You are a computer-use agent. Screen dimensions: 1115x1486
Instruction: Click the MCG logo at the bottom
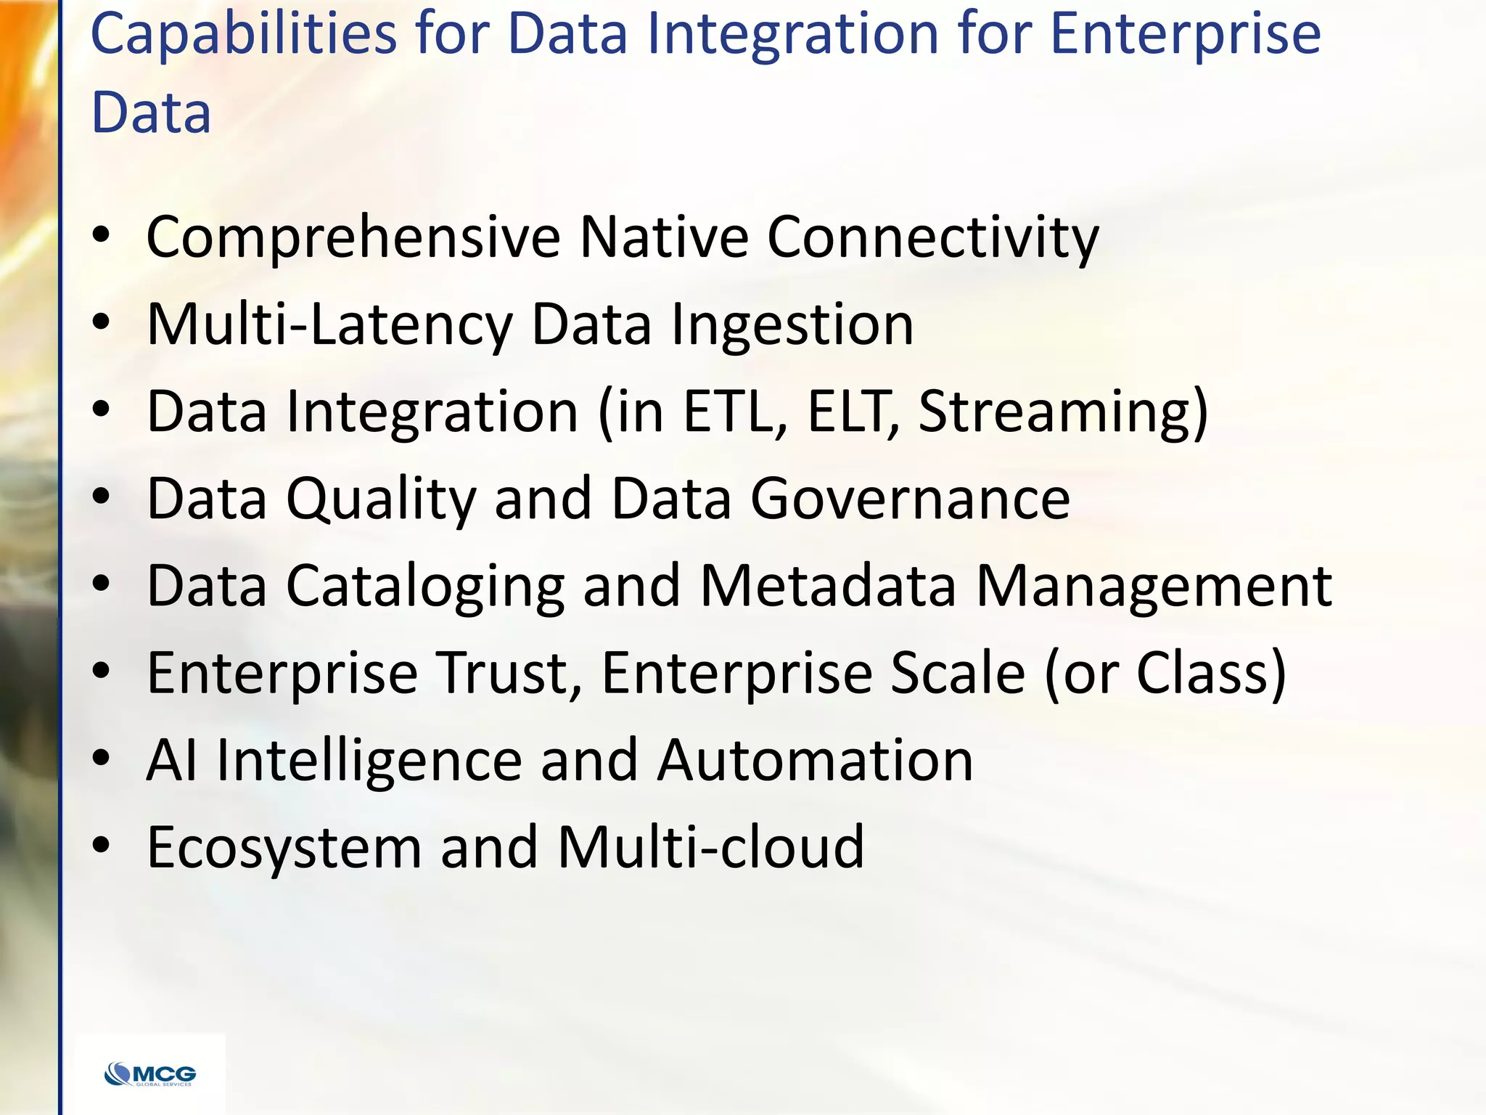click(150, 1074)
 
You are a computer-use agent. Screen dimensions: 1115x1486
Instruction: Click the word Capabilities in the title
click(244, 34)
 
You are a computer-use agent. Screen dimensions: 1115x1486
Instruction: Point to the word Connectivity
click(932, 237)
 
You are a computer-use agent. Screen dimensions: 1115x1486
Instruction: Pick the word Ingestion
click(792, 324)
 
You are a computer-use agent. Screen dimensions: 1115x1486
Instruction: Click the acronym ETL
click(734, 412)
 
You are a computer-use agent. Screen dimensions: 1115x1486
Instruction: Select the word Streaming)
click(1063, 412)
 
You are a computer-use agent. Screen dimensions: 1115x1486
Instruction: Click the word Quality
click(381, 499)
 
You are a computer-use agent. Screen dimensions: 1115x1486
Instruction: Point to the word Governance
click(910, 499)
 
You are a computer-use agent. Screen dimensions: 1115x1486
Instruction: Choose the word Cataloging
click(425, 586)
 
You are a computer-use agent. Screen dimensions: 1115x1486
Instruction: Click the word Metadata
click(828, 586)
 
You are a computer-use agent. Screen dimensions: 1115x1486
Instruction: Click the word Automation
click(814, 760)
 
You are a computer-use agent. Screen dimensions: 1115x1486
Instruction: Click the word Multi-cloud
click(710, 847)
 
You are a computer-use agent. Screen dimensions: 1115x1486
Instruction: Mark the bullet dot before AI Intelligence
click(102, 759)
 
